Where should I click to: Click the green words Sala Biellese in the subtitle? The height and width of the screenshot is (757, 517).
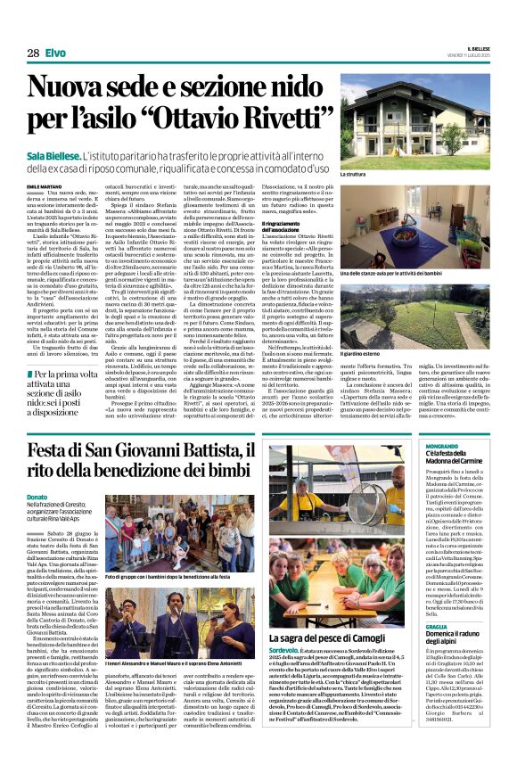coord(62,155)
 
